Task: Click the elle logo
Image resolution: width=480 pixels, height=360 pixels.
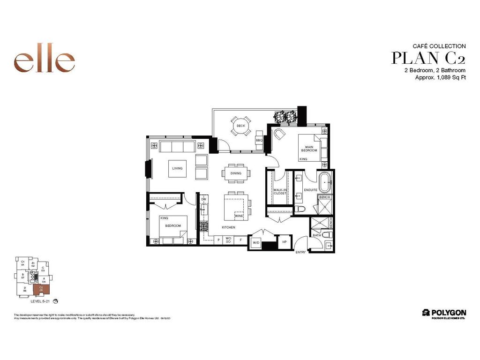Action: click(x=45, y=61)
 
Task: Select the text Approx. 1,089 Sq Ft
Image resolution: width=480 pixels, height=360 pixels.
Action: click(x=440, y=78)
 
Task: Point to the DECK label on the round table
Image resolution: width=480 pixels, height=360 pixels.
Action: click(x=241, y=126)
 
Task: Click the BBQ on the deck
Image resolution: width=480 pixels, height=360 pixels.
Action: click(x=259, y=140)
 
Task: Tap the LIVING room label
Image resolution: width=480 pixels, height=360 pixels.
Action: click(x=177, y=168)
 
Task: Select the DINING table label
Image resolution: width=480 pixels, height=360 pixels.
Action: click(x=236, y=173)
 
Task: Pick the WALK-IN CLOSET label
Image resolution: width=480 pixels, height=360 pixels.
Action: click(x=280, y=191)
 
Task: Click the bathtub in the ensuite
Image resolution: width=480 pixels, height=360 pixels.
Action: click(x=324, y=182)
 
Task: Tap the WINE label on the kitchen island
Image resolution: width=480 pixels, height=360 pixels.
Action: click(x=239, y=216)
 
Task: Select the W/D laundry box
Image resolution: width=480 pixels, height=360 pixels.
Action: click(x=256, y=243)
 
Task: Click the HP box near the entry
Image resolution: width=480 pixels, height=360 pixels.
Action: click(x=284, y=242)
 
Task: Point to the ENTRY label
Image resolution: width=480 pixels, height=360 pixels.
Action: click(x=300, y=252)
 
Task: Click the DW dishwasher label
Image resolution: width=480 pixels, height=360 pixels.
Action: click(x=204, y=199)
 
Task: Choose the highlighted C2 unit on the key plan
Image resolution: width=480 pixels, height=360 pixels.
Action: click(x=41, y=290)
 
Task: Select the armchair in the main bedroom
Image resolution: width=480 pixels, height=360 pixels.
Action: click(x=280, y=135)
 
